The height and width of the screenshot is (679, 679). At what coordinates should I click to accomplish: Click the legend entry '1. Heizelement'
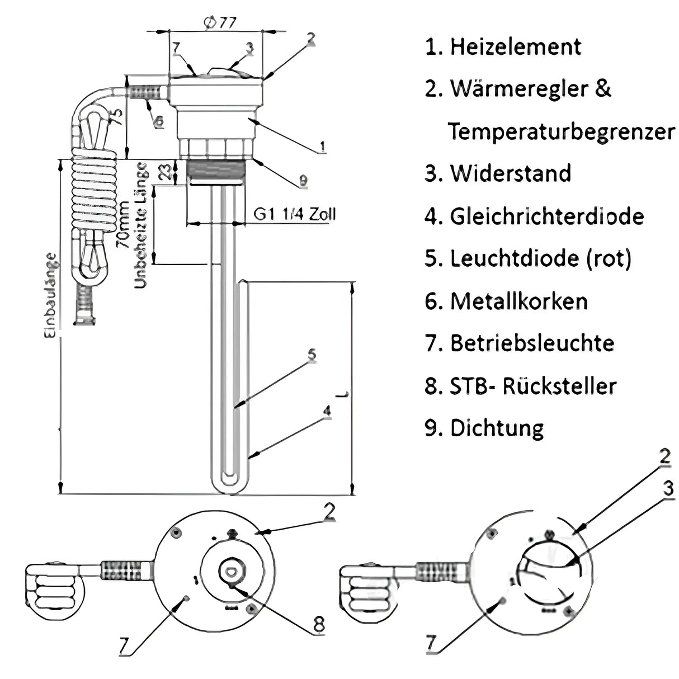(x=503, y=47)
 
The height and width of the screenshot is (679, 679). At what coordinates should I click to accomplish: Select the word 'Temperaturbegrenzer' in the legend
(x=561, y=132)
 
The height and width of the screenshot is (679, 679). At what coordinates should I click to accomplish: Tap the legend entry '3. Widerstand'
(x=498, y=174)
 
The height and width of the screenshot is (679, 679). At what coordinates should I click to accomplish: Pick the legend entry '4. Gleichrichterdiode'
(x=534, y=216)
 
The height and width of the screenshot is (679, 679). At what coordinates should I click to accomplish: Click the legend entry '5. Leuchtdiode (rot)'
(x=528, y=259)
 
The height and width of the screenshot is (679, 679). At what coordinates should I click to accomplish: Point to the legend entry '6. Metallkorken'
(x=506, y=301)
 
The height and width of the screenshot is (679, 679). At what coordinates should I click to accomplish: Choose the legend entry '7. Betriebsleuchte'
(x=519, y=343)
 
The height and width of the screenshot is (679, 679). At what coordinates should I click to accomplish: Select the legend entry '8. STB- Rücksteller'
(x=520, y=386)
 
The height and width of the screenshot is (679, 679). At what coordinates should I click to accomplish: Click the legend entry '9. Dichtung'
(x=484, y=428)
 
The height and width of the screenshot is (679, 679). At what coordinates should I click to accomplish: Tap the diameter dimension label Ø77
(x=219, y=22)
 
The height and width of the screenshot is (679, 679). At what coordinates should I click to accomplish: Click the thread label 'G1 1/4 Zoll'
(x=295, y=214)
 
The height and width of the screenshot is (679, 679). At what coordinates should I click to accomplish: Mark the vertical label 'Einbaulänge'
(x=50, y=294)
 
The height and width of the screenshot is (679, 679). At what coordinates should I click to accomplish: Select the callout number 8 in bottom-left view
(x=318, y=625)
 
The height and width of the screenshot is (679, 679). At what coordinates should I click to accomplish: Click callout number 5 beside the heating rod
(x=312, y=355)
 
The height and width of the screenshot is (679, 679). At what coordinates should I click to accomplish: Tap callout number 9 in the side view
(x=302, y=180)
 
